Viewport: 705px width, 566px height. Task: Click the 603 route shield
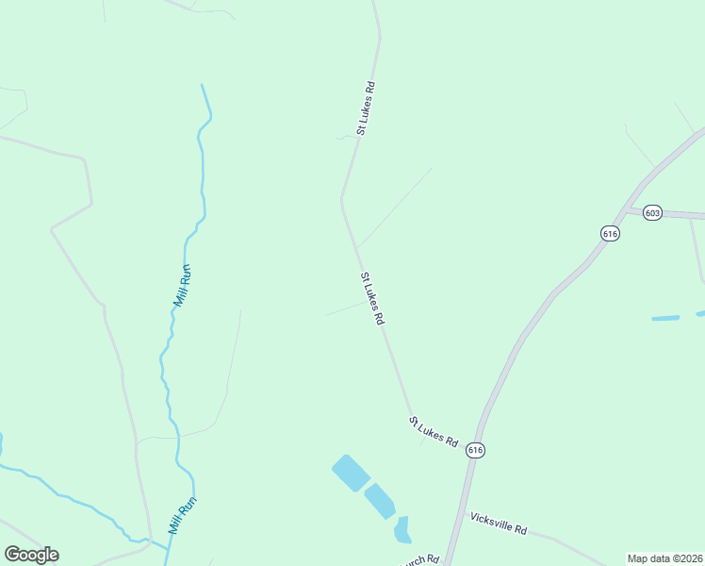[653, 213]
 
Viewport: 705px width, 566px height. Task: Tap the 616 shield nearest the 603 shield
[610, 233]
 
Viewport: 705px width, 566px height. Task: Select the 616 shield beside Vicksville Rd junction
[475, 451]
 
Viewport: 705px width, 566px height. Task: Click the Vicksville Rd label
[498, 524]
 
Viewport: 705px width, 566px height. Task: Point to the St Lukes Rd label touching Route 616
[434, 431]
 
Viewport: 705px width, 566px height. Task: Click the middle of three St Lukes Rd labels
[372, 299]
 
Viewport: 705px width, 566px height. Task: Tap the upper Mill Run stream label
[182, 285]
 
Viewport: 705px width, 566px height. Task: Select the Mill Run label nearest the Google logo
[183, 516]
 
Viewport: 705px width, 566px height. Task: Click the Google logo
[31, 555]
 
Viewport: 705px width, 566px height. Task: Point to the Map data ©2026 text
[664, 558]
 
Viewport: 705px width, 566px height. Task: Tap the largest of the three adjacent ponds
[351, 473]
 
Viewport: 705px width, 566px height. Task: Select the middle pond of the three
[380, 501]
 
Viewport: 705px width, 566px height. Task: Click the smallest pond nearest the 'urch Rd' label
[402, 530]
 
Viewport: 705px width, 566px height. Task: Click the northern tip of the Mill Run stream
[202, 86]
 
